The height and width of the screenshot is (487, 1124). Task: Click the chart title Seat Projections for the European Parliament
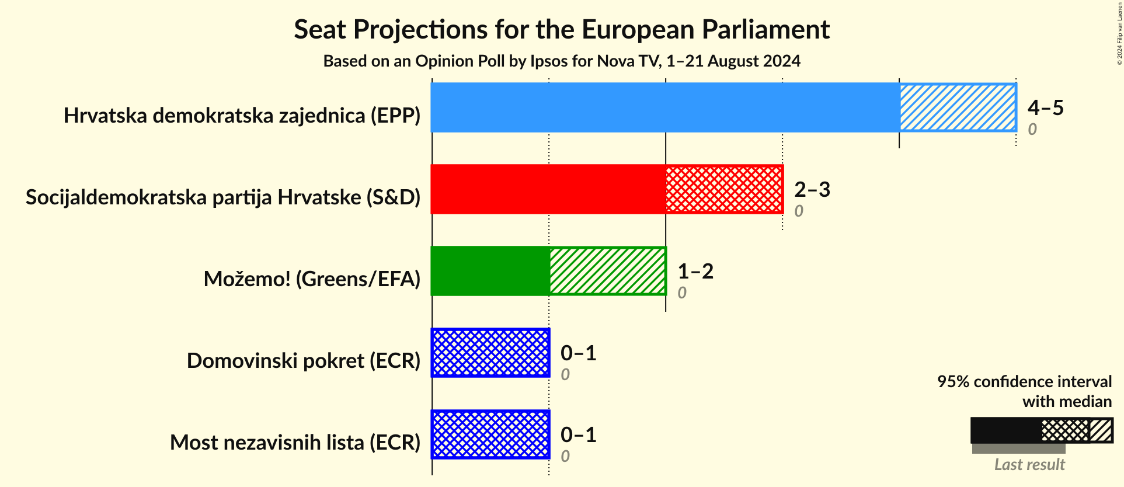coord(561,29)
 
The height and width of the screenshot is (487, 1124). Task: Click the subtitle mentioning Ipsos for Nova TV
coord(561,61)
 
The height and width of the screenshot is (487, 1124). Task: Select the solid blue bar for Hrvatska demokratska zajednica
coord(664,107)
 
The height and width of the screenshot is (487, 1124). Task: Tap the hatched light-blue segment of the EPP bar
coord(958,107)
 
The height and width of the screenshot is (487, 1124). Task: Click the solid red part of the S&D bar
coord(548,189)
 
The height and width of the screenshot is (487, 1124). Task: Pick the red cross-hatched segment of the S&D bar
coord(724,189)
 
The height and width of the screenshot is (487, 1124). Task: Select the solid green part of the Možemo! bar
coord(490,271)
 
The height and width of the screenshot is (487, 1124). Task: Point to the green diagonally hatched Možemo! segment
coord(607,271)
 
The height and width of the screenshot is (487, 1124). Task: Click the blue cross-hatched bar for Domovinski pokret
coord(490,353)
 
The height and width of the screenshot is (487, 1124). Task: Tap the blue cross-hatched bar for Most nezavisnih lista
coord(490,434)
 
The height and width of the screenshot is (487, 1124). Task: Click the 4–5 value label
coord(1045,107)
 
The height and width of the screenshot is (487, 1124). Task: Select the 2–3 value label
coord(812,189)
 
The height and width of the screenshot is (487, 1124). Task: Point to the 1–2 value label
coord(695,271)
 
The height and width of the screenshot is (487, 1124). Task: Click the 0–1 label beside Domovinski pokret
coord(578,353)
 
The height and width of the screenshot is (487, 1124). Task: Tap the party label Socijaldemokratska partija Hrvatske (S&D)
coord(223,197)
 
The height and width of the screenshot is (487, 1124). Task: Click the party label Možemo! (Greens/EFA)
coord(312,279)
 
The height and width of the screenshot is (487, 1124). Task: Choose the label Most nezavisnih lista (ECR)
coord(295,443)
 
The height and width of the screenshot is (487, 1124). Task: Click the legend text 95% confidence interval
coord(1024,381)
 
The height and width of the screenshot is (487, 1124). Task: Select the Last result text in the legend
coord(1029,465)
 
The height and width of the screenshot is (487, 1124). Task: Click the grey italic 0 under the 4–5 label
coord(1032,129)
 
